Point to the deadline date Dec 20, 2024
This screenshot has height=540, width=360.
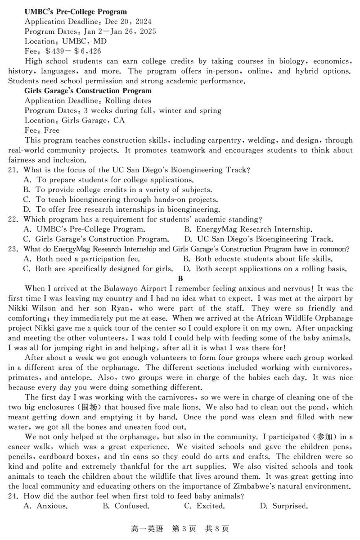(128, 22)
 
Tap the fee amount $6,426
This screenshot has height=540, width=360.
(86, 51)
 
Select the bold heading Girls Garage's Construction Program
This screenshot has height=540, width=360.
(88, 91)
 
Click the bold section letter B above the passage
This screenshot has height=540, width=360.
(180, 279)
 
